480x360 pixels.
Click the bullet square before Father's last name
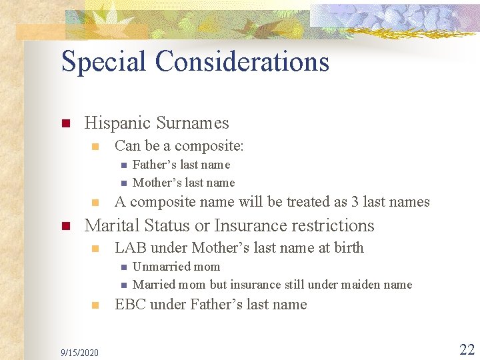123,165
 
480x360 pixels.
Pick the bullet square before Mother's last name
123,183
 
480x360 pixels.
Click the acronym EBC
130,305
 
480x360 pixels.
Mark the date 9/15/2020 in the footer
79,352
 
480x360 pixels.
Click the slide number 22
467,349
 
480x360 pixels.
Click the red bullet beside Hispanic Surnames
65,124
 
